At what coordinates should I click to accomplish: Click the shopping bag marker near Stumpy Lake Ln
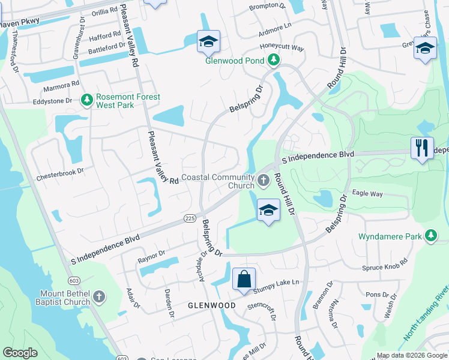point(244,280)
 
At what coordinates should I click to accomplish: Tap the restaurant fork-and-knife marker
point(422,148)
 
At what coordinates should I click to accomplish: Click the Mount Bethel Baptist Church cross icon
point(99,296)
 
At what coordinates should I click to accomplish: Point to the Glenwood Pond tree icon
point(274,60)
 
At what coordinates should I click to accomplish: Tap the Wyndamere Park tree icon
point(430,236)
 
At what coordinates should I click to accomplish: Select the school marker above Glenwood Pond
point(208,41)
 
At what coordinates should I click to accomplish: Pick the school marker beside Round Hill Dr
point(268,210)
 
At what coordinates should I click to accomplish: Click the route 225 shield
point(190,218)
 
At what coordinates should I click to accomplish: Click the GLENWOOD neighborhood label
point(211,305)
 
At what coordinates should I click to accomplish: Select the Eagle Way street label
point(367,193)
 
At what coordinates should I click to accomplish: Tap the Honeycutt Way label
point(282,47)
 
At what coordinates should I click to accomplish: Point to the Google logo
point(20,353)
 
